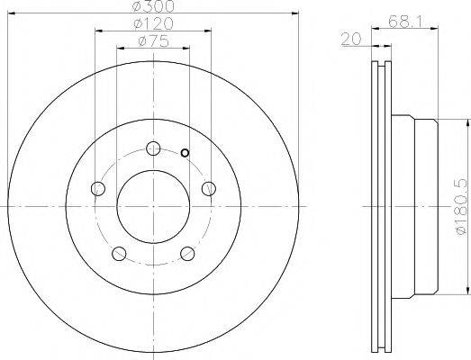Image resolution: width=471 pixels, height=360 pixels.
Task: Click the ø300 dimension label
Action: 153,6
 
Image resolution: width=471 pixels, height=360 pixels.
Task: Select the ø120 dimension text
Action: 153,23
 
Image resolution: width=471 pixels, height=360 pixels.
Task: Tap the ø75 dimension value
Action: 153,41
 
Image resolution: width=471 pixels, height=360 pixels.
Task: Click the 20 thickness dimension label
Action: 351,39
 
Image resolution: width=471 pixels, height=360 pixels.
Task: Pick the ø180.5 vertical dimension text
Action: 461,207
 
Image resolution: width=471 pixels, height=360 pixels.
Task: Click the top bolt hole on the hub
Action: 153,148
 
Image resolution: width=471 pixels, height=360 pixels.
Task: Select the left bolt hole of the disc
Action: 98,189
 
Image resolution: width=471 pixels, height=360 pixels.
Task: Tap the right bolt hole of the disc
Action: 208,189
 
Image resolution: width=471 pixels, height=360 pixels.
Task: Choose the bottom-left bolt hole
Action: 119,254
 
